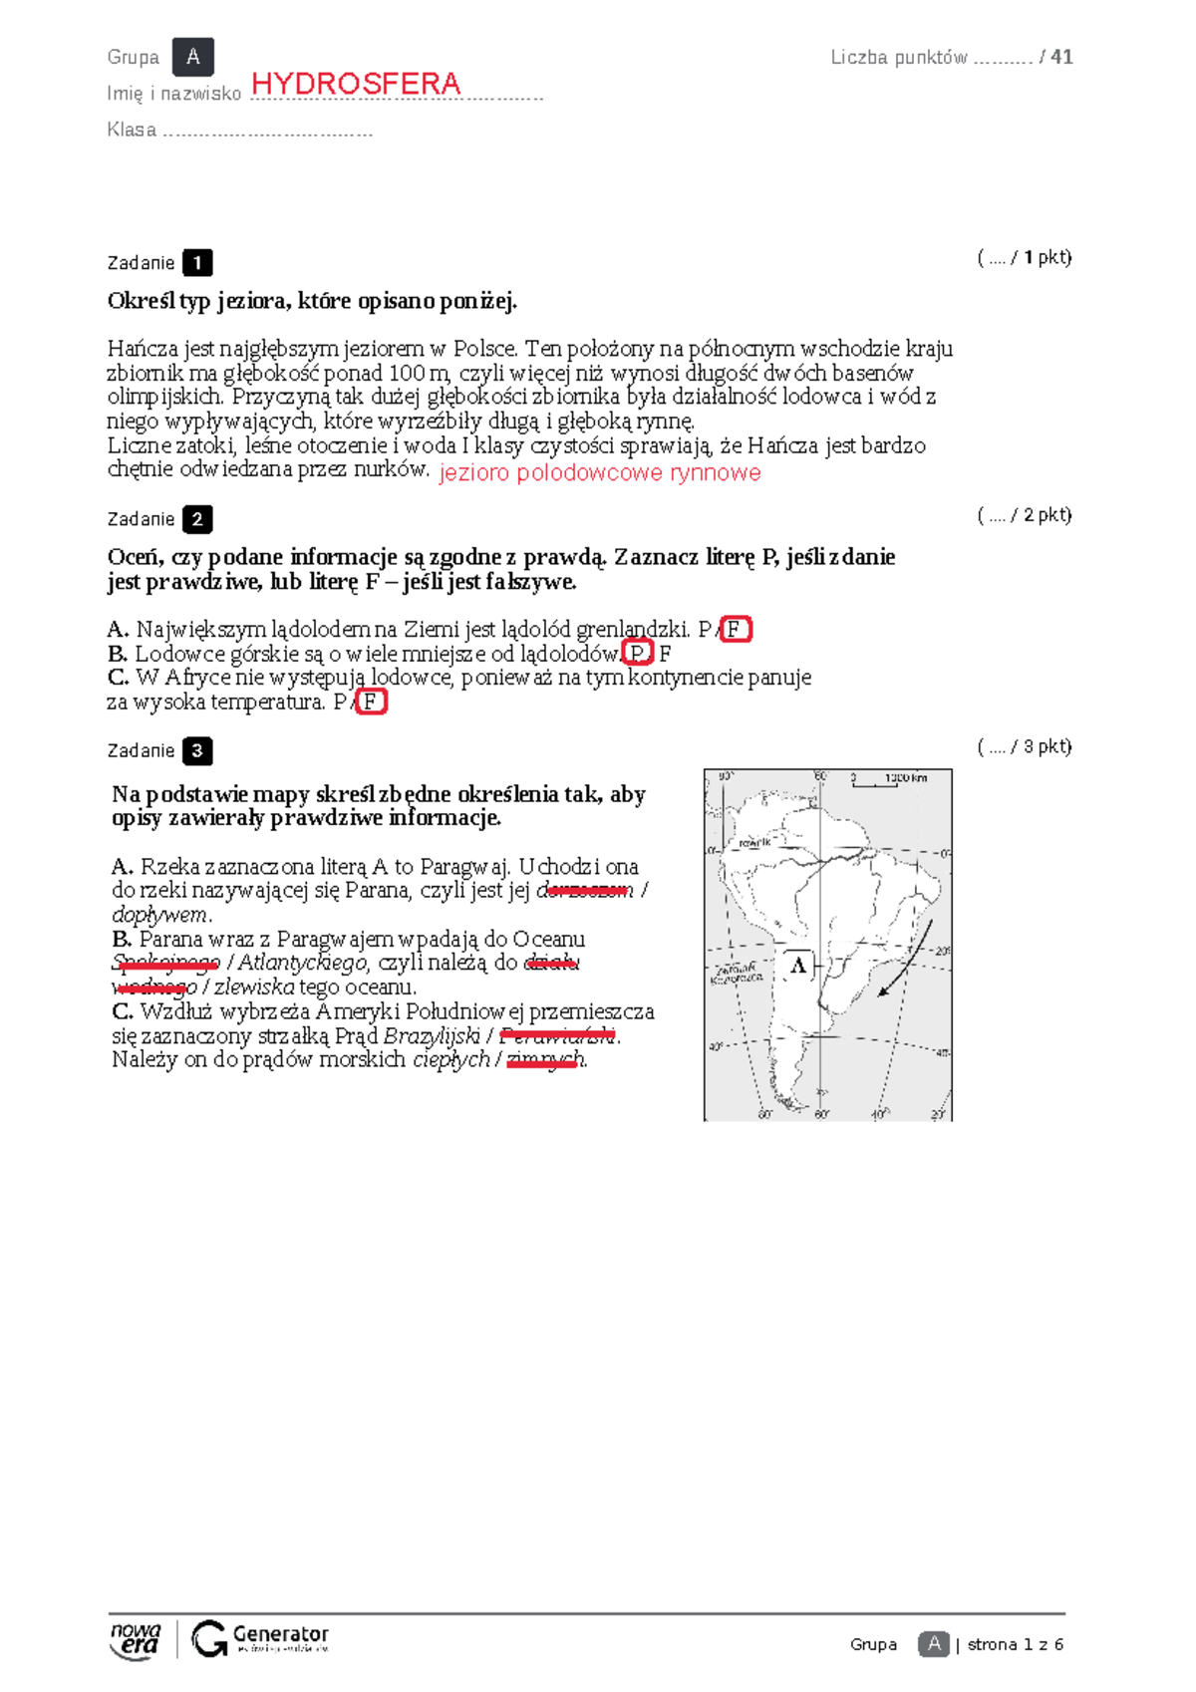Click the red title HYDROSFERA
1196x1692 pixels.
(x=356, y=84)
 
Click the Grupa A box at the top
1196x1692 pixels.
(x=192, y=57)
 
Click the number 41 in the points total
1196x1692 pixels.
(x=1062, y=57)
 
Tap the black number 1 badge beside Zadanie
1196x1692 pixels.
(x=197, y=263)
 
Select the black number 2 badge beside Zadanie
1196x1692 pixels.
(x=197, y=519)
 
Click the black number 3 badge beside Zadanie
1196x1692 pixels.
(x=197, y=751)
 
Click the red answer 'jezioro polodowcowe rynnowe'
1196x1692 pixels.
(x=599, y=472)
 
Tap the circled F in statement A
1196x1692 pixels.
(x=736, y=630)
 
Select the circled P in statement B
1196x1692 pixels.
(x=637, y=654)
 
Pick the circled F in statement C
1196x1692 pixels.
(x=371, y=703)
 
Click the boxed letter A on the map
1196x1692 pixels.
(x=798, y=965)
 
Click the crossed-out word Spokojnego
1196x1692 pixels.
(x=165, y=964)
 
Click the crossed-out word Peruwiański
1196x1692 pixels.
(x=557, y=1036)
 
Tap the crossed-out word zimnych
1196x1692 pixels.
(x=544, y=1060)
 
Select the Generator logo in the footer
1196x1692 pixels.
(x=260, y=1638)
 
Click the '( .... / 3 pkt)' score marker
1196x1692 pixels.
(x=1024, y=746)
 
